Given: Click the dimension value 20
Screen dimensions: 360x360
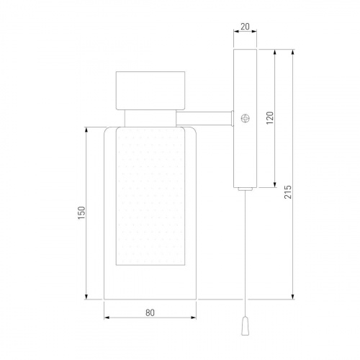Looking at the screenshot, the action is point(245,27).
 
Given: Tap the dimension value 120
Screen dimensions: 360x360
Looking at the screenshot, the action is point(270,117).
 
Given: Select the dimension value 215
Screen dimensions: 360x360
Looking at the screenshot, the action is point(288,192).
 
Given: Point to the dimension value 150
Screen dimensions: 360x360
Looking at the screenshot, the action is point(82,212).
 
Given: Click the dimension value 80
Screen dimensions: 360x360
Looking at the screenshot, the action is point(150,313).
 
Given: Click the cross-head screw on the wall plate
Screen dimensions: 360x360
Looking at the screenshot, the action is point(245,118).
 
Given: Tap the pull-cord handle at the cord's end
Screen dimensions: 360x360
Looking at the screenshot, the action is point(245,326).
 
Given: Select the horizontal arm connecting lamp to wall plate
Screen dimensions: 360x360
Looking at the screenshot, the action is point(204,118).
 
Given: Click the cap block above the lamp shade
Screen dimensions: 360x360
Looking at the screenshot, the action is point(150,91).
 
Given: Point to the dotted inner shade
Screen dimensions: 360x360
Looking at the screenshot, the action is point(150,197).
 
